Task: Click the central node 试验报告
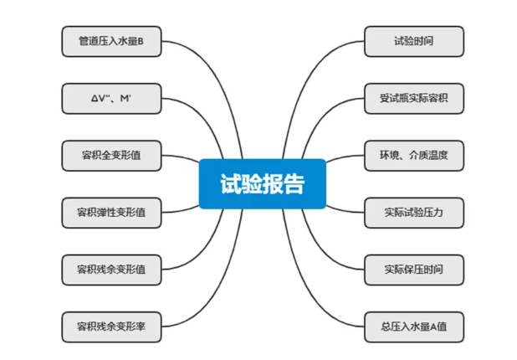point(262,183)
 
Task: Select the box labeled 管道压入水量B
point(111,41)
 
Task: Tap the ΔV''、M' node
point(111,98)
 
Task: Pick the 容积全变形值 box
point(111,155)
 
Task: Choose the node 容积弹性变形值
point(111,212)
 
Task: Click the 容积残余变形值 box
point(111,269)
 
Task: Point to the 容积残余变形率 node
point(111,326)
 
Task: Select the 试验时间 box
point(413,41)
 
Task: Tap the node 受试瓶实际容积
point(413,98)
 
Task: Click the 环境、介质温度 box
point(413,155)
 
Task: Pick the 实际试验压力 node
point(413,212)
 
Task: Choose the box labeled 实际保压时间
point(413,269)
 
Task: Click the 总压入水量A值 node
point(413,326)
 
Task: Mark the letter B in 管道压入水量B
point(141,41)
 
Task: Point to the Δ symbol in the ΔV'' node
point(95,98)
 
